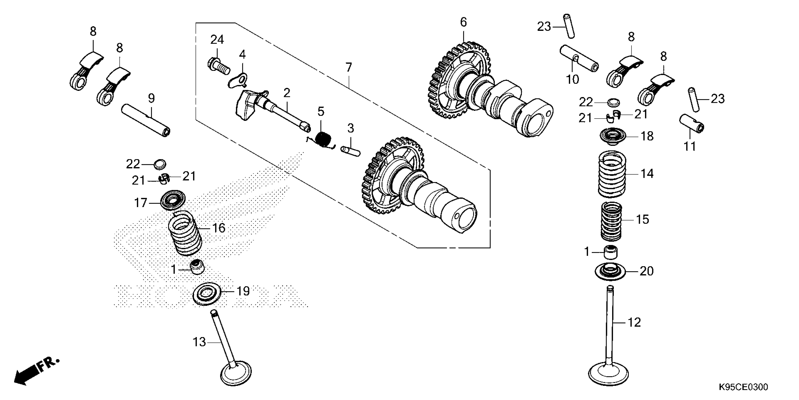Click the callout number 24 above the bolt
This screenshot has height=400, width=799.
pos(217,40)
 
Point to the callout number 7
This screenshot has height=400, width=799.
pos(349,67)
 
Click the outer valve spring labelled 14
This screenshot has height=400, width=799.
pos(612,174)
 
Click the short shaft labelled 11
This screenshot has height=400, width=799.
pos(691,123)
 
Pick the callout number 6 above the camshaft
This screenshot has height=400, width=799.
pos(463,22)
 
